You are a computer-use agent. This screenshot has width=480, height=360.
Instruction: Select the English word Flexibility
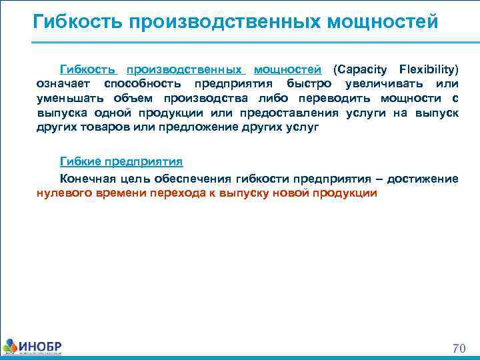pos(428,69)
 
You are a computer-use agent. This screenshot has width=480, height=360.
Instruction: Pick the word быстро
pos(311,84)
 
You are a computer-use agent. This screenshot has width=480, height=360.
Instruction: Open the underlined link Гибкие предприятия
pos(121,162)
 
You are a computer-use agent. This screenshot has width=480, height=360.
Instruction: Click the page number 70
pos(459,347)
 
